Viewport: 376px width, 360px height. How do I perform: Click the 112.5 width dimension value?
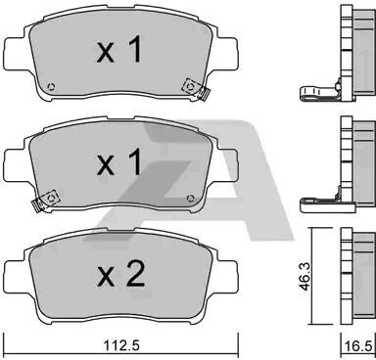click(x=121, y=345)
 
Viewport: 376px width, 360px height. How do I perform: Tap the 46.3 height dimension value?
click(x=305, y=277)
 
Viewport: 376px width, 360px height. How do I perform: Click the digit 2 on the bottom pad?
click(x=134, y=273)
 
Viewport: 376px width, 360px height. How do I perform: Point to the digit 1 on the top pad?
click(x=135, y=49)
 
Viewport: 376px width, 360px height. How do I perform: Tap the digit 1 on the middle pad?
click(x=135, y=162)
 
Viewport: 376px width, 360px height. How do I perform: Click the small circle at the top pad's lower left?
click(x=51, y=87)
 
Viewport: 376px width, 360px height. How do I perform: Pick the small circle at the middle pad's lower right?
click(x=191, y=198)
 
